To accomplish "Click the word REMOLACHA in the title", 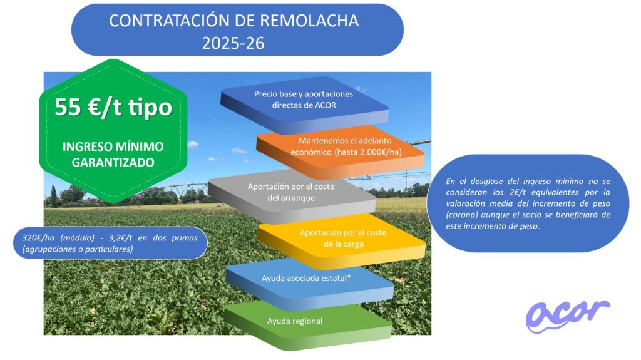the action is [309, 21].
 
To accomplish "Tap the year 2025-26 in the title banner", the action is [233, 43].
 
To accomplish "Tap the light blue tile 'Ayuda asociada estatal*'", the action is [309, 283].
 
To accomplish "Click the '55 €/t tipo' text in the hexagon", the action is [113, 107].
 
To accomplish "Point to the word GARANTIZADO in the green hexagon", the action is [113, 162].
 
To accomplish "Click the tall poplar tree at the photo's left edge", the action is [53, 196].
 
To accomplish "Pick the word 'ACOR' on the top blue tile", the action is [326, 105].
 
